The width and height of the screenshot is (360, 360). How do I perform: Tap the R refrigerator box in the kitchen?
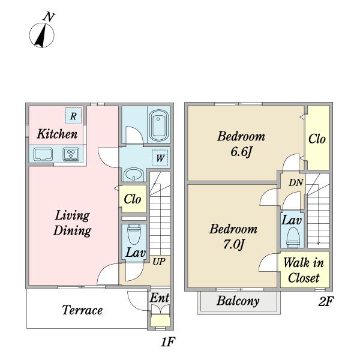click(x=73, y=116)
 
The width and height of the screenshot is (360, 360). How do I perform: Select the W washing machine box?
click(x=160, y=158)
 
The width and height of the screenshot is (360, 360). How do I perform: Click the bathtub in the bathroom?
click(x=158, y=125)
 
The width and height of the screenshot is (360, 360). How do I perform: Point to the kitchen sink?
click(x=43, y=154)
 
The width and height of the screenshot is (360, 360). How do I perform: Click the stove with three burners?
click(x=71, y=154)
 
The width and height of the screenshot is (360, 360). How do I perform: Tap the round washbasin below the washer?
click(x=133, y=175)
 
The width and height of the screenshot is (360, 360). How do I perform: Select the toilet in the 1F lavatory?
click(x=134, y=234)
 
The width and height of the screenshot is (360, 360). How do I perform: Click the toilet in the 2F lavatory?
click(x=293, y=238)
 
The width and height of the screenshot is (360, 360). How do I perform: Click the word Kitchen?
click(x=57, y=134)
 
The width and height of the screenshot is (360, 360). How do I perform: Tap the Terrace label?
click(x=82, y=310)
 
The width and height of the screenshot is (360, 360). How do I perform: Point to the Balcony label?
click(x=238, y=301)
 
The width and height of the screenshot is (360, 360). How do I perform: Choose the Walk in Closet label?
click(x=304, y=270)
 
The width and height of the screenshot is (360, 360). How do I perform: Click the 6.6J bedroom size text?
click(x=241, y=152)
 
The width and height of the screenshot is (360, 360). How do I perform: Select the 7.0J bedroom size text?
click(x=233, y=245)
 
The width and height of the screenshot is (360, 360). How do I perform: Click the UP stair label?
click(x=159, y=262)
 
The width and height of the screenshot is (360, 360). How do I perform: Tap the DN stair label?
click(x=296, y=183)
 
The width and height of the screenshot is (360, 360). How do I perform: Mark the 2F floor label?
click(x=326, y=301)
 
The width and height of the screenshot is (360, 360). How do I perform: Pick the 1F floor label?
click(x=168, y=342)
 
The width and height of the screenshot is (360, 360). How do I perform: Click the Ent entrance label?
click(x=160, y=298)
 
